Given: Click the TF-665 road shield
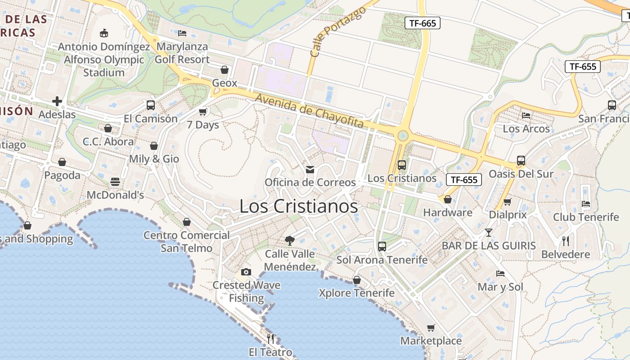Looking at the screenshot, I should [x=422, y=23].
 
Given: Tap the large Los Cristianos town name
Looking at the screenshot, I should [x=299, y=206].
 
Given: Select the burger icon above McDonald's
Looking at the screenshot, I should [x=115, y=182].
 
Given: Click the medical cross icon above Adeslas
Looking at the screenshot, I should [x=57, y=101].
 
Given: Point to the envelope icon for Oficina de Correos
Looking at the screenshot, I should [x=310, y=169].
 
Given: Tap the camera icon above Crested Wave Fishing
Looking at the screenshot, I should [x=246, y=272].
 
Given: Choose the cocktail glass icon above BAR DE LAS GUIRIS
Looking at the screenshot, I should [x=489, y=233].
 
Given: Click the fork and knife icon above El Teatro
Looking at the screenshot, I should [x=270, y=338].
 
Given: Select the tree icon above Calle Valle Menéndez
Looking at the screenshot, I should [x=290, y=240].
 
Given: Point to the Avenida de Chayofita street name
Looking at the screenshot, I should [x=309, y=111].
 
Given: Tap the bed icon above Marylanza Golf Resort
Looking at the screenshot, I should [x=182, y=33].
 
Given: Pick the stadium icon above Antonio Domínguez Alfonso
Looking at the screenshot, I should [x=104, y=33].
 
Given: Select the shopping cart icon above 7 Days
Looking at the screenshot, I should [x=203, y=111].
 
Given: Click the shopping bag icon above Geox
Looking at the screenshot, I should [x=224, y=70].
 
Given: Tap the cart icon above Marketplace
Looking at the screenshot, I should [x=431, y=328].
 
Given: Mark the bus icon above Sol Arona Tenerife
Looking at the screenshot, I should [x=382, y=246].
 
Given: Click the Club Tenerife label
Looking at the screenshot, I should [x=586, y=217].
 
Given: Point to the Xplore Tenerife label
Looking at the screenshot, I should [x=356, y=293].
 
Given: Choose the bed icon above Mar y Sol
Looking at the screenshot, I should [x=500, y=273].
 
